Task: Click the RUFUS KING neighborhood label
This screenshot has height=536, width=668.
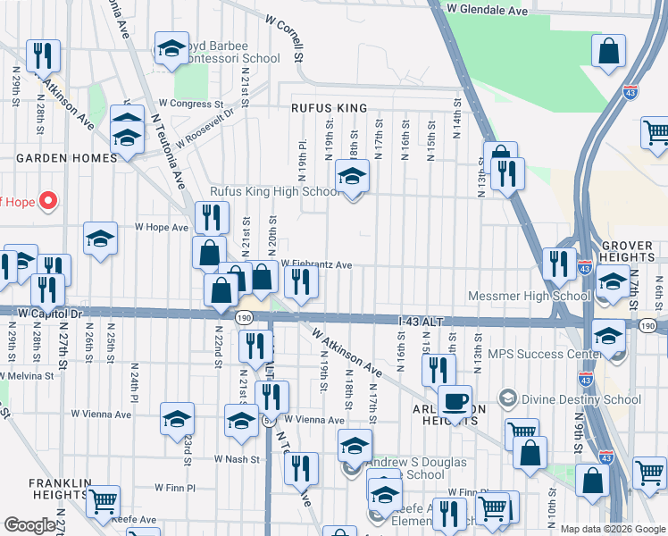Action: pos(329,108)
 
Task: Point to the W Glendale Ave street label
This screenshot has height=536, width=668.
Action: pos(488,10)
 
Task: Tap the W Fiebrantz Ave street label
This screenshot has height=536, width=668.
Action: pos(317,264)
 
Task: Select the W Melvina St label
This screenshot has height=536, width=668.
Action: pos(27,376)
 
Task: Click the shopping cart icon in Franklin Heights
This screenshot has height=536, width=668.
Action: pos(104,501)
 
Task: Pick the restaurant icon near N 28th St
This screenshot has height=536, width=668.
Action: pos(43,55)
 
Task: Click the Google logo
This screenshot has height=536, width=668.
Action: pos(29,525)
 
